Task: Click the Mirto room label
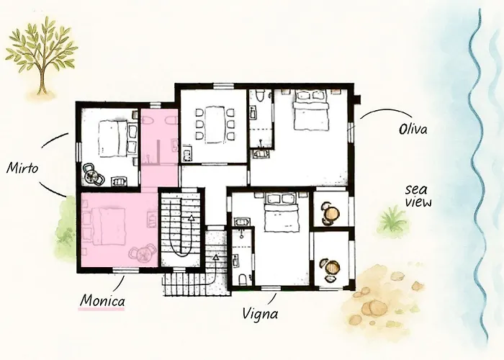23,168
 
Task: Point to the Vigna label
261,314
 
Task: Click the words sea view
418,196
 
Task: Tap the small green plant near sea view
392,220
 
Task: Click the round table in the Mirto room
92,174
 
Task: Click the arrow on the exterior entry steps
215,256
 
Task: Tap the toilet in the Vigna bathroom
240,277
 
